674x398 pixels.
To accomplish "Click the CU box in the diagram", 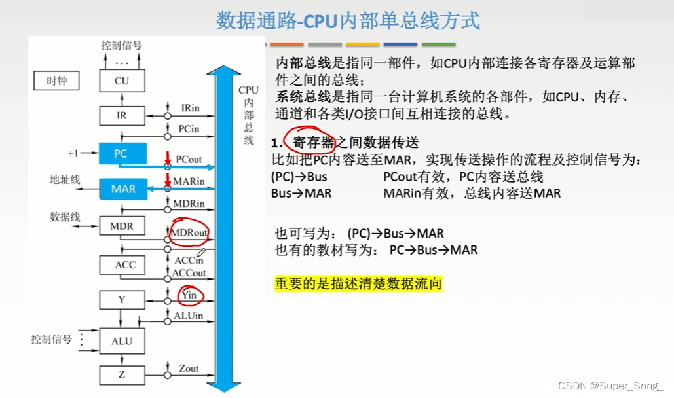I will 121,81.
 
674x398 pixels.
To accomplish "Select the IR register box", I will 121,116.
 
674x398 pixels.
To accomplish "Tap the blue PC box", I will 122,154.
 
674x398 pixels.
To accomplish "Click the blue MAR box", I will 122,189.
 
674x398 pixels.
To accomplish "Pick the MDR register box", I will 121,226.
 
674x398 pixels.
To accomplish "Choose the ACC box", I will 124,265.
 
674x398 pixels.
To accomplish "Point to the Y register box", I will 121,300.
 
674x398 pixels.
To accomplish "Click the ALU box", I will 121,341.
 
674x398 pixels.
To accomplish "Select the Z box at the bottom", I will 121,376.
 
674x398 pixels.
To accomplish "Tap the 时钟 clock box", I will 56,81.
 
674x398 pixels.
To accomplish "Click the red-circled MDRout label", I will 189,232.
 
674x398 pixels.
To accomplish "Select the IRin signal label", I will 190,107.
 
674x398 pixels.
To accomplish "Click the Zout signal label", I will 189,369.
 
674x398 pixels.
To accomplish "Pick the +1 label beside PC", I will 73,153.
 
